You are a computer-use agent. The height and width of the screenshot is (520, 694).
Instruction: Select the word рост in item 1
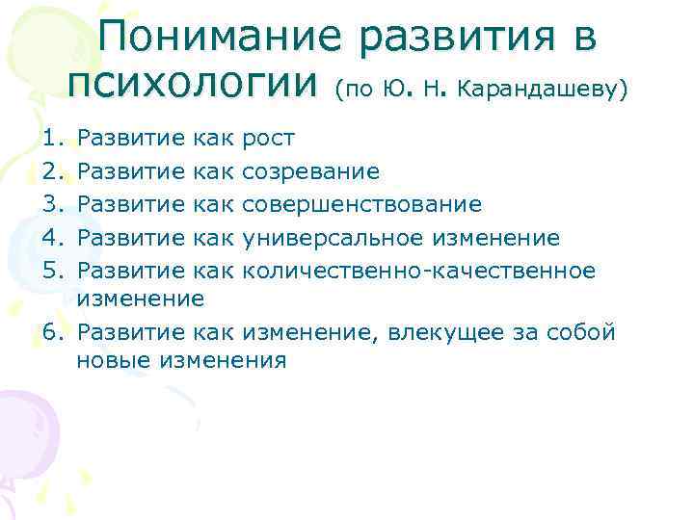click(x=269, y=140)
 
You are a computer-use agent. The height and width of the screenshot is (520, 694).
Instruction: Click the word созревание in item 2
click(x=310, y=171)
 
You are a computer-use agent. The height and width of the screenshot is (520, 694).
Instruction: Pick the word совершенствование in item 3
click(x=360, y=203)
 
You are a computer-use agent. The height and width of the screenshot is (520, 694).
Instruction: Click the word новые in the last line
click(x=107, y=361)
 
